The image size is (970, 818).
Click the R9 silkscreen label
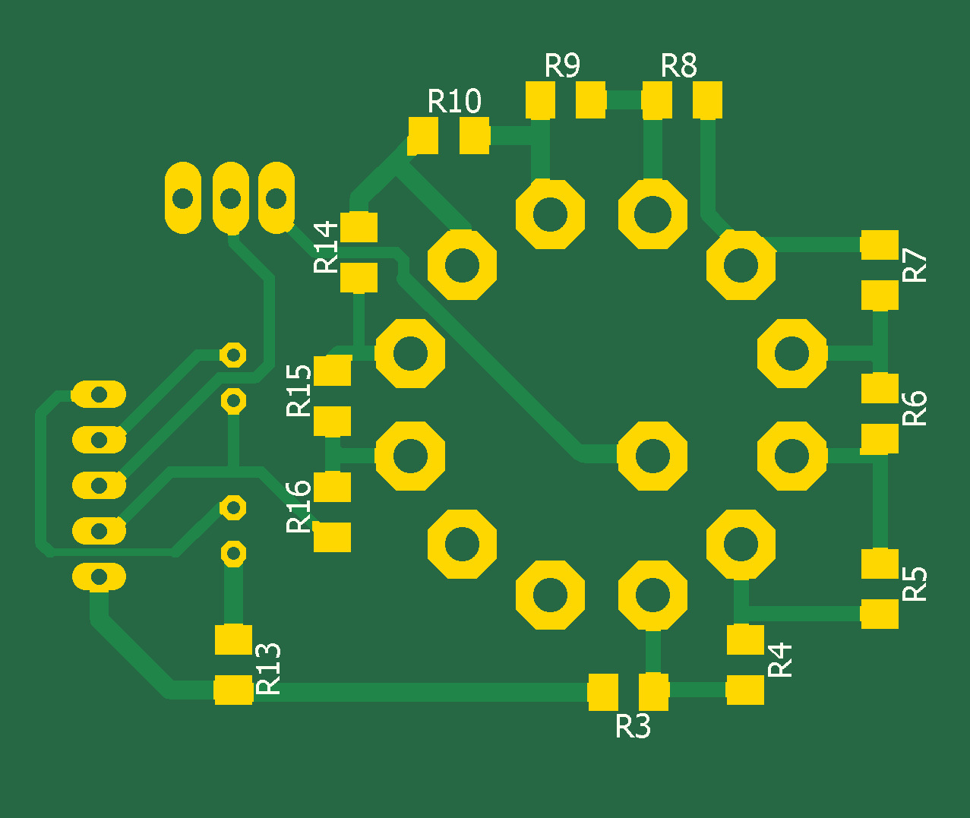(562, 66)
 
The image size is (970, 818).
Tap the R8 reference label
(678, 66)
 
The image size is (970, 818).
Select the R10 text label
(454, 101)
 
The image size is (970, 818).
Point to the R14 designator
(326, 247)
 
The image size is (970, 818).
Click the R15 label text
(299, 390)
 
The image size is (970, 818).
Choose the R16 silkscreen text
(299, 507)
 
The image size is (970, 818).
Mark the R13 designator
(269, 668)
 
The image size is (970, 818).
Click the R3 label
(633, 727)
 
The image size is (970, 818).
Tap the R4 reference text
(780, 659)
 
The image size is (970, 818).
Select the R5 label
(915, 584)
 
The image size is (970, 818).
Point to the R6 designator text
(915, 408)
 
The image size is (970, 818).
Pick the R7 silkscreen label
(915, 266)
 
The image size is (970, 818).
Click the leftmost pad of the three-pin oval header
(183, 198)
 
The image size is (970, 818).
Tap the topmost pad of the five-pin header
(98, 395)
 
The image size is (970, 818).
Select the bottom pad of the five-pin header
(98, 576)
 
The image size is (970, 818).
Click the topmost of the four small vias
(233, 354)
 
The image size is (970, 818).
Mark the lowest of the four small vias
(233, 553)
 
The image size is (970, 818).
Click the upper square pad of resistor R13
(233, 640)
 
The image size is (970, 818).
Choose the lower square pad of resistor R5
(880, 614)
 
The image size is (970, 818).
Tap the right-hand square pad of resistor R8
(707, 100)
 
